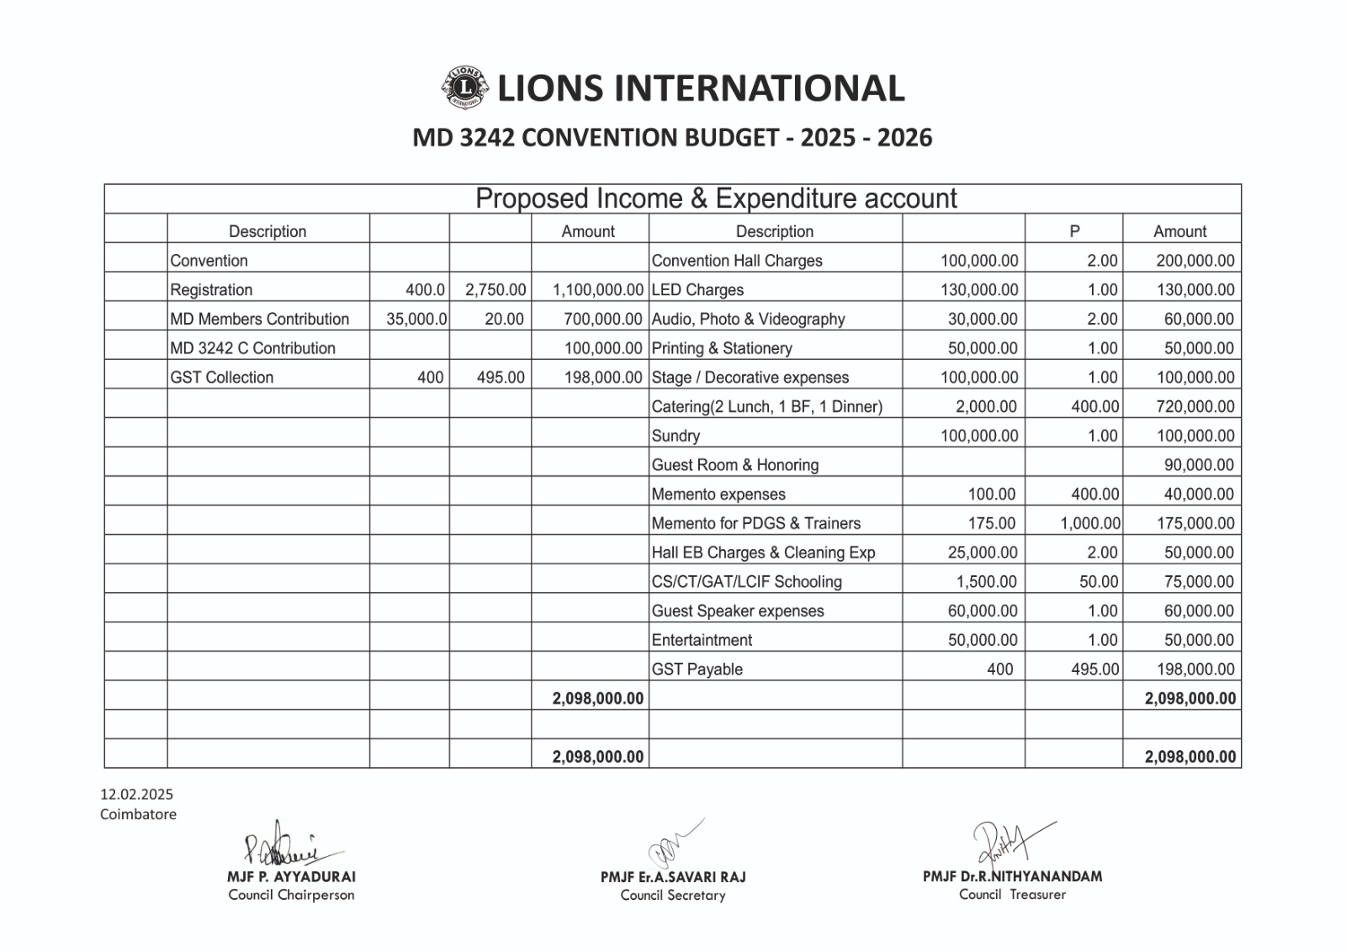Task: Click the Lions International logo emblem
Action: pyautogui.click(x=463, y=87)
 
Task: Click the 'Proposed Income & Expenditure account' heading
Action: pyautogui.click(x=716, y=199)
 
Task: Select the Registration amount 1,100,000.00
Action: pyautogui.click(x=597, y=290)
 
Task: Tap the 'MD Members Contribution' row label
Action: pyautogui.click(x=259, y=320)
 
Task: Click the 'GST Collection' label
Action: pyautogui.click(x=221, y=378)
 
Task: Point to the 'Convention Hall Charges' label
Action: pyautogui.click(x=737, y=261)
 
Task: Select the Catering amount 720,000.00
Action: pyautogui.click(x=1195, y=407)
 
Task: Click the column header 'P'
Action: pyautogui.click(x=1074, y=231)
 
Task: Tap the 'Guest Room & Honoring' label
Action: pyautogui.click(x=734, y=465)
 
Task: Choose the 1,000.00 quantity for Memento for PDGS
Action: pyautogui.click(x=1089, y=524)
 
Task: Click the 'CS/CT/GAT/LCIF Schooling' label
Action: pyautogui.click(x=746, y=582)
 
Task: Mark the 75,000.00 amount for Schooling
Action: pyautogui.click(x=1199, y=582)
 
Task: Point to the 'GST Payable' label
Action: pyautogui.click(x=697, y=669)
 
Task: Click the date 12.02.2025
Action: pyautogui.click(x=136, y=794)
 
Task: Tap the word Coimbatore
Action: pyautogui.click(x=138, y=814)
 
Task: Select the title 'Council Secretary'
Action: pyautogui.click(x=672, y=896)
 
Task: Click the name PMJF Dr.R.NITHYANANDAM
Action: pyautogui.click(x=1012, y=876)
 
